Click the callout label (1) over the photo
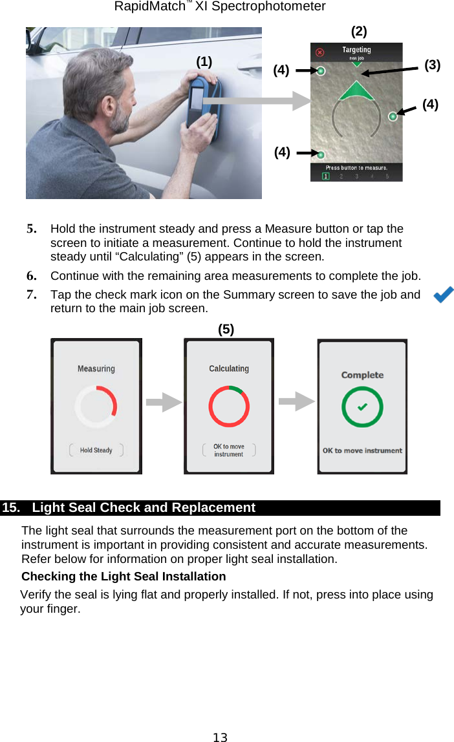coord(204,62)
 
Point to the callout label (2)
coord(359,31)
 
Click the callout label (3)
coord(432,65)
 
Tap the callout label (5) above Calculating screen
coord(226,329)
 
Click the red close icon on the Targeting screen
coord(318,52)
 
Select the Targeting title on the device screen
coord(356,50)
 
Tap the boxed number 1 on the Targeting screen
coord(326,176)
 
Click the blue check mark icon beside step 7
coord(443,295)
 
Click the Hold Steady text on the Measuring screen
coord(96,450)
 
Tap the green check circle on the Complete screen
coord(362,407)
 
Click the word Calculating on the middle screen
coord(228,368)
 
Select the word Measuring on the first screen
coord(96,368)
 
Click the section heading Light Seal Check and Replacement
coord(144,507)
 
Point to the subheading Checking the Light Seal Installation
coord(124,576)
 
